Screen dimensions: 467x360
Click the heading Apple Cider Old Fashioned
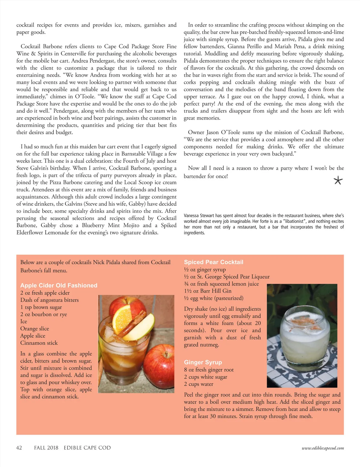click(59, 285)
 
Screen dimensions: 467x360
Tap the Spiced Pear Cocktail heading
click(213, 262)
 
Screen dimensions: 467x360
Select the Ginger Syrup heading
click(203, 362)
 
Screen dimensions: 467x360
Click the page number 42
click(19, 448)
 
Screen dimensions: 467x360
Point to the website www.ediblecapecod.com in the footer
click(323, 448)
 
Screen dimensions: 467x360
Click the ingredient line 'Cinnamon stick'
click(39, 343)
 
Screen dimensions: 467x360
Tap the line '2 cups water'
click(199, 384)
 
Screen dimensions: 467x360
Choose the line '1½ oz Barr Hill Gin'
click(208, 291)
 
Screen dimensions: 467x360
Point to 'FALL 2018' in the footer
click(46, 448)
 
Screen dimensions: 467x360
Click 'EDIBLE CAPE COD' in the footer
click(87, 448)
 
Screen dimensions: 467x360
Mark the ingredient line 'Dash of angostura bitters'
click(49, 300)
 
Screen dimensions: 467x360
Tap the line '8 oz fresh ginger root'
click(209, 370)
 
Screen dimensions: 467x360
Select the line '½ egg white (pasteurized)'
click(214, 298)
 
